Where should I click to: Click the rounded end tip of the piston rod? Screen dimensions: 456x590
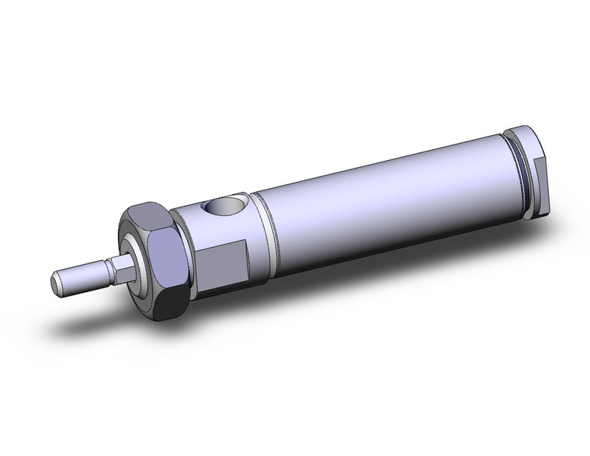tap(57, 282)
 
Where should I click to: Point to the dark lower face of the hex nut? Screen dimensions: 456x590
tap(166, 303)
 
